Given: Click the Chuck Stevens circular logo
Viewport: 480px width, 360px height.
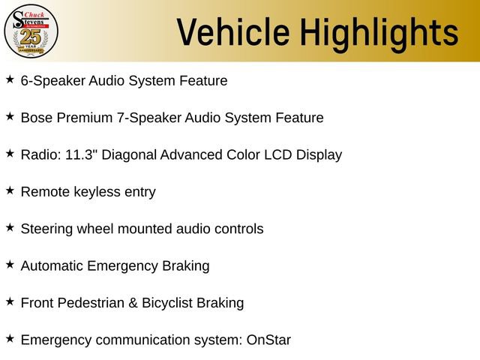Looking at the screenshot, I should tap(31, 31).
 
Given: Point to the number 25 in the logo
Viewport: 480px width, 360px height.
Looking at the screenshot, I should tap(31, 34).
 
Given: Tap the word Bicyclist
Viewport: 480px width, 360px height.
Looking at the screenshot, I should tap(163, 303).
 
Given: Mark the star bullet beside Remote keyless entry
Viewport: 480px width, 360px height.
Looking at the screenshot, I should tap(10, 190).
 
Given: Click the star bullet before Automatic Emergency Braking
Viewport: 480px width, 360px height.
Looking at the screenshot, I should tap(10, 264).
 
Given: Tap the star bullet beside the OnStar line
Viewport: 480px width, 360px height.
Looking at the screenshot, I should tap(10, 338).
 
